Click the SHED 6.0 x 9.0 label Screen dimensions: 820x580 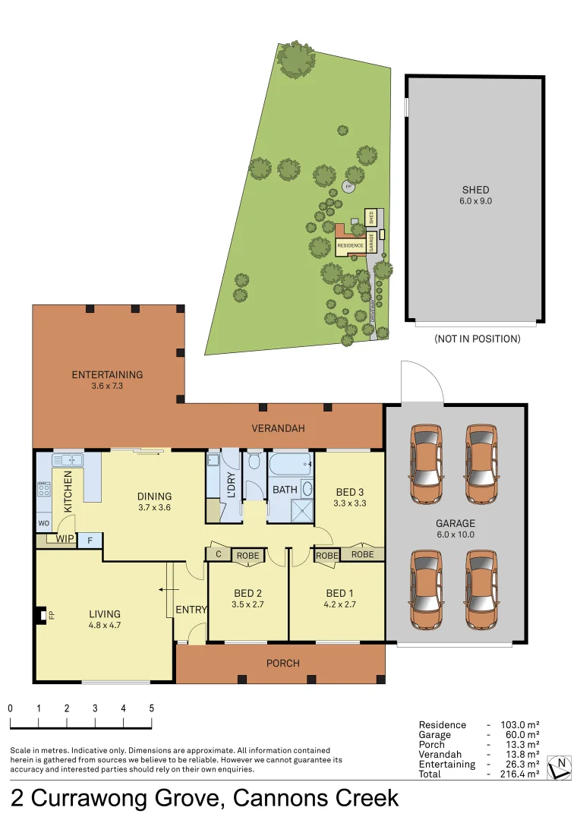(x=475, y=195)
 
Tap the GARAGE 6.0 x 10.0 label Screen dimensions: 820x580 (x=455, y=528)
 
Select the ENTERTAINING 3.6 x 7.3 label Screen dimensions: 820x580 (x=107, y=380)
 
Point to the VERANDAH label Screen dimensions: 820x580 (x=278, y=428)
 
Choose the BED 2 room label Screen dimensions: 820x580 (x=247, y=598)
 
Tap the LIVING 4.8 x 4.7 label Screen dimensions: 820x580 (x=104, y=620)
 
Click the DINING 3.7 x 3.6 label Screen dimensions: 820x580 (x=154, y=502)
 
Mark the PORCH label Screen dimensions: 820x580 (x=282, y=663)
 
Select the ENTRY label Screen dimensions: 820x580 (x=191, y=610)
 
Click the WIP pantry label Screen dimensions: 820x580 (x=65, y=539)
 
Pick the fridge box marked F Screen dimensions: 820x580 (x=90, y=540)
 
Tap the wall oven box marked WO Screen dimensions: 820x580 (x=43, y=524)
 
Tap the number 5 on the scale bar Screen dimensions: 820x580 (x=151, y=708)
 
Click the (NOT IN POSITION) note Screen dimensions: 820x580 (x=477, y=339)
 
